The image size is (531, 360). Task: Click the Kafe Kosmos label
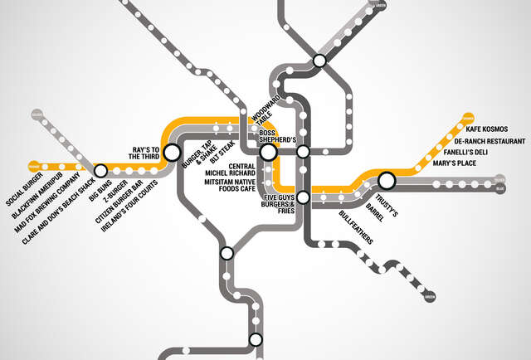[x=485, y=129]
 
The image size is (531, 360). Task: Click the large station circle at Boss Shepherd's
[x=268, y=152]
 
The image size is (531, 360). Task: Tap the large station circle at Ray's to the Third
[x=172, y=153]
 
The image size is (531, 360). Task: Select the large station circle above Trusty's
[x=386, y=180]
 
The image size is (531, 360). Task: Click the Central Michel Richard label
[x=236, y=168]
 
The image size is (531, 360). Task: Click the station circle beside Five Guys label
[x=304, y=197]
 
